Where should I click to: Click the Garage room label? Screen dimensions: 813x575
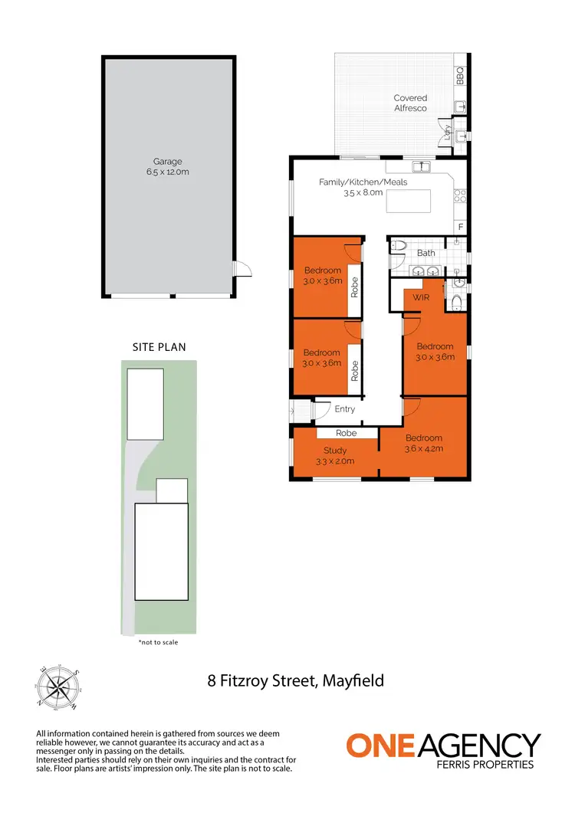click(167, 162)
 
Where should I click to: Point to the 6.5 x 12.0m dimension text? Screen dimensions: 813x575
click(167, 172)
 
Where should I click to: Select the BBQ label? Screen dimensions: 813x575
click(460, 76)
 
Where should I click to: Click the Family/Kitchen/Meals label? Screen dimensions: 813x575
click(363, 182)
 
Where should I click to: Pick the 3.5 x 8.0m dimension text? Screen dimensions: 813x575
click(363, 193)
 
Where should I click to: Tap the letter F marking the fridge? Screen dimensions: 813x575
click(460, 227)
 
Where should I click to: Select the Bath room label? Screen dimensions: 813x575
click(426, 253)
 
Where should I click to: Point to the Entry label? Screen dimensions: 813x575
click(345, 409)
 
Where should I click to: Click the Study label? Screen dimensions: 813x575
click(335, 451)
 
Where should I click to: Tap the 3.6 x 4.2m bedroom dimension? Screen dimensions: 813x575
click(423, 449)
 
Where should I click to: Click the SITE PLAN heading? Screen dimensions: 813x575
click(154, 347)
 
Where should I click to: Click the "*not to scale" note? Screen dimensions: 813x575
click(157, 642)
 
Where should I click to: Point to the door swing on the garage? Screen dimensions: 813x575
click(242, 268)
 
